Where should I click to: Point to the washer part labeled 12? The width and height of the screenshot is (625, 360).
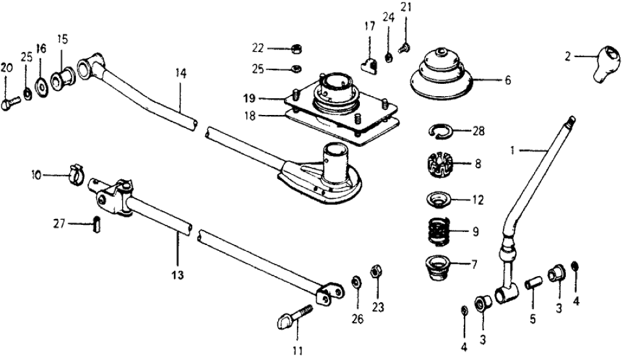441,199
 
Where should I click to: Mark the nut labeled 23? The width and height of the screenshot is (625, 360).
375,271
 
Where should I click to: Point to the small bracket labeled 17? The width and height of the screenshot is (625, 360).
371,64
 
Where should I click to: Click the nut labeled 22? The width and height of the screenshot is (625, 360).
293,48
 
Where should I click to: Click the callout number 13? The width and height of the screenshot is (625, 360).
177,275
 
